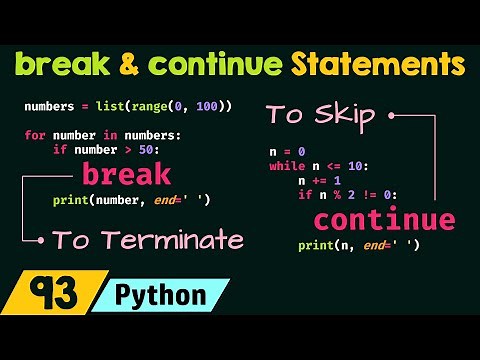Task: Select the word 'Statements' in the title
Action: [x=376, y=67]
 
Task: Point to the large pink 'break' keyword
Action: [x=127, y=175]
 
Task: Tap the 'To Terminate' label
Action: [x=147, y=240]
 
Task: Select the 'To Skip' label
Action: [x=320, y=114]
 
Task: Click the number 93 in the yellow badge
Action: [x=45, y=295]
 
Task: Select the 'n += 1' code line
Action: [x=320, y=181]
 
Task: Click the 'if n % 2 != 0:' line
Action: [x=347, y=195]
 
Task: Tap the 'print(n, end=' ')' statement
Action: [x=357, y=245]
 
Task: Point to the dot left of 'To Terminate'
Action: [x=40, y=240]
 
